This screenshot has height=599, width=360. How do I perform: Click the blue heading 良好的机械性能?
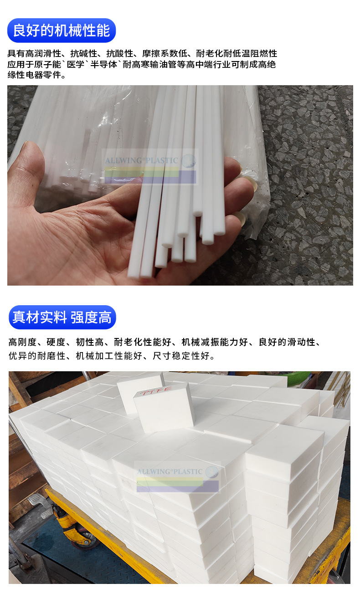coord(62,31)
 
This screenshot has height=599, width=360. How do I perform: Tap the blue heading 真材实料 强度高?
coord(62,317)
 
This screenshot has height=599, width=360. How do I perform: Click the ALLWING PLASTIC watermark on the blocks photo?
coord(171,471)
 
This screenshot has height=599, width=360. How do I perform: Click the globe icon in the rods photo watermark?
coord(188,160)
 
